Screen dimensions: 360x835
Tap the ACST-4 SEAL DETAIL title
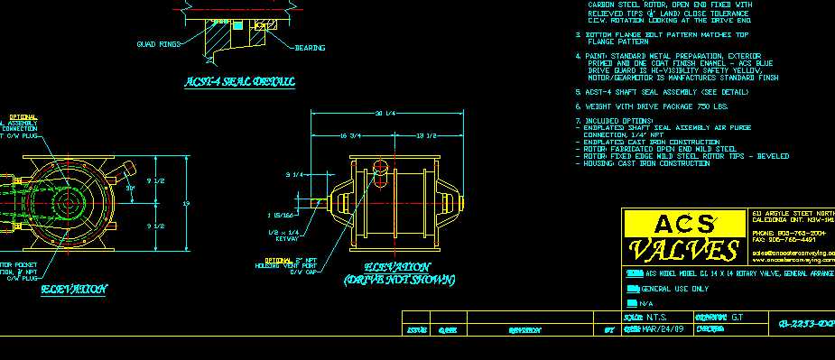tap(239, 82)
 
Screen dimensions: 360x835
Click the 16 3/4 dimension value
tap(349, 135)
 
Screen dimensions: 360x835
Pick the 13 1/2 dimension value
tap(426, 135)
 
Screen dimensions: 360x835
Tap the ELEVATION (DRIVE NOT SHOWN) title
tap(398, 273)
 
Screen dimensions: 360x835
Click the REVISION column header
tap(524, 330)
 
